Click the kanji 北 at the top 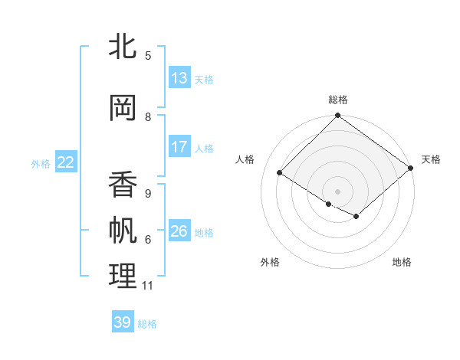[x=123, y=47]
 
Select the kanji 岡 [x=123, y=108]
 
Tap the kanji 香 [x=123, y=184]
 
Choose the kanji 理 [x=123, y=277]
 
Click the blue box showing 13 [x=179, y=78]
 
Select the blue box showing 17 [x=179, y=147]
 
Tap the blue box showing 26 [x=179, y=231]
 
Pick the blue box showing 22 [x=66, y=162]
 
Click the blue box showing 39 [x=123, y=322]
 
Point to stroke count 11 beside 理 [x=147, y=286]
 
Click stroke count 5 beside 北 [x=148, y=56]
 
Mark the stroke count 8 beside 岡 [x=148, y=117]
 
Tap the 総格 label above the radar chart [x=338, y=100]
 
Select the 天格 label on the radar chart [x=431, y=159]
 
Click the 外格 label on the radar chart [x=270, y=262]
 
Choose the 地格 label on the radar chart [x=402, y=262]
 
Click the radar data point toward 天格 [x=411, y=169]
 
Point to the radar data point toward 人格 [x=280, y=173]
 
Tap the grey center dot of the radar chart [x=337, y=191]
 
